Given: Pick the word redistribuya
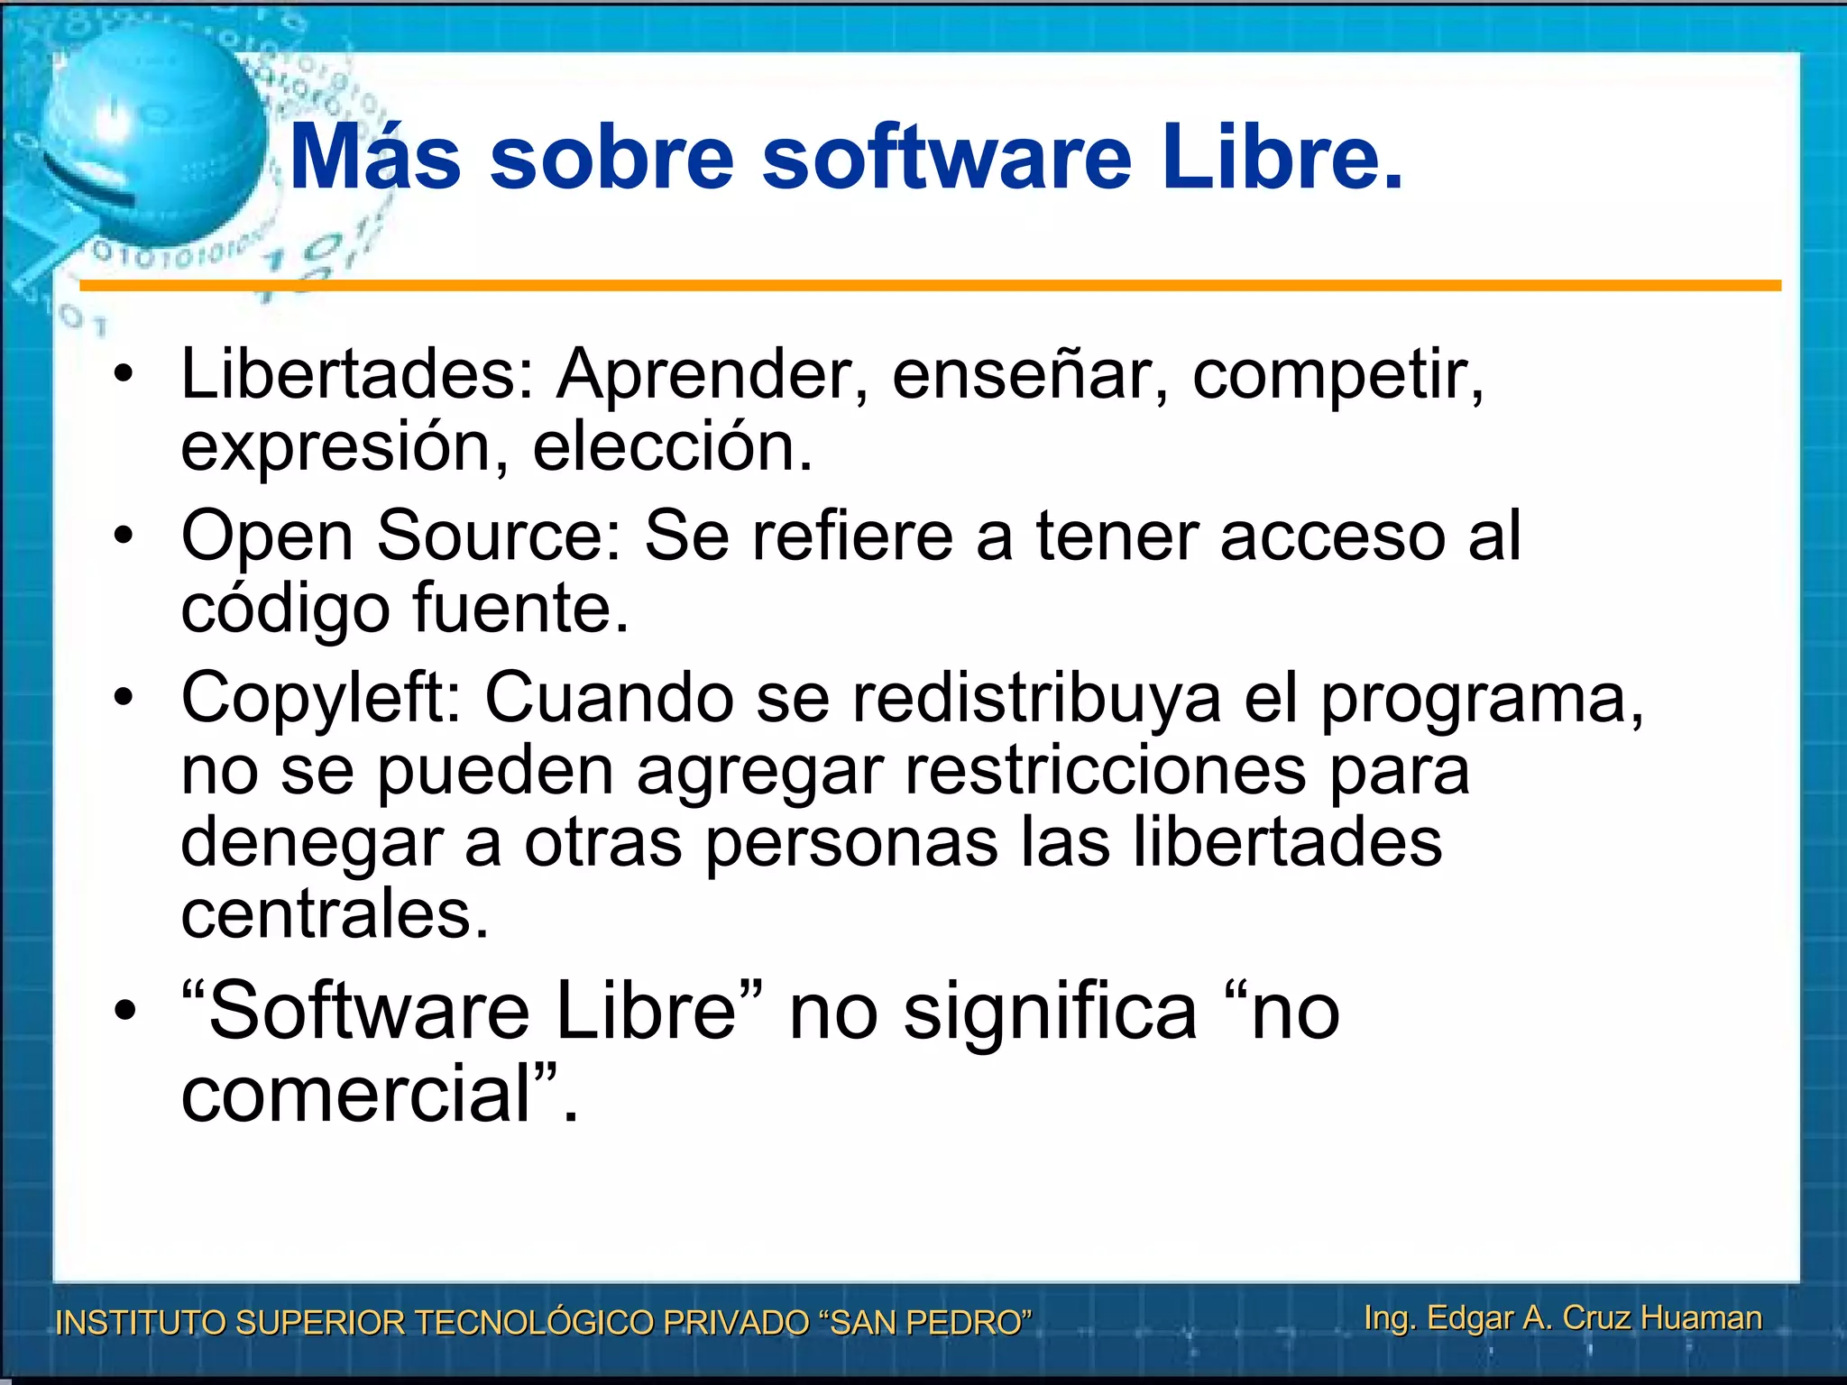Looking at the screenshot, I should [x=1036, y=699].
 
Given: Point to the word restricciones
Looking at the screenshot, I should [x=1106, y=771].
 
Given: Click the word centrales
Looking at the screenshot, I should [x=334, y=915].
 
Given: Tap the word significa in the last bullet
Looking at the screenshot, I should [x=1051, y=1012].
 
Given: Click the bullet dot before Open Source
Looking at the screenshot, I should [x=124, y=537].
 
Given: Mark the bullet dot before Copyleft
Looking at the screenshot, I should [x=124, y=698].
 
